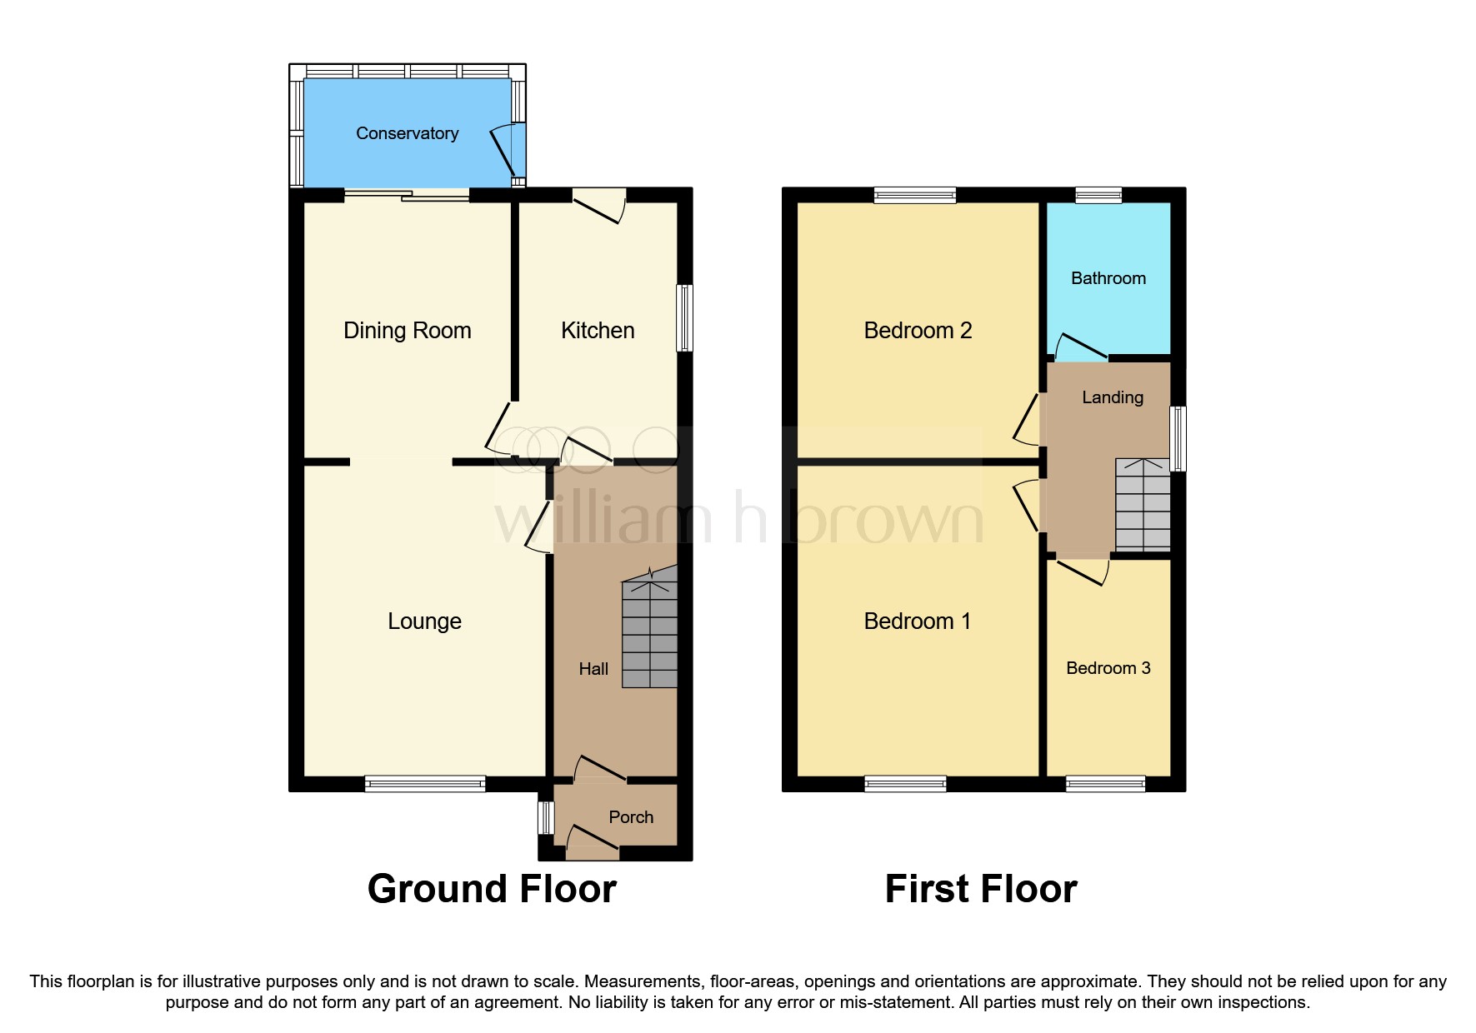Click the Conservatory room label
[x=407, y=133]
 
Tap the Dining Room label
[x=407, y=331]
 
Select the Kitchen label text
[x=598, y=331]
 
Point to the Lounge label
[x=424, y=621]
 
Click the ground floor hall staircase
[x=649, y=633]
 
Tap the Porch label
[x=631, y=817]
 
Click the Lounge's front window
[x=425, y=783]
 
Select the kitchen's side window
[x=684, y=317]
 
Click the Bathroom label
[x=1108, y=278]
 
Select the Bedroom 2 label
[x=918, y=331]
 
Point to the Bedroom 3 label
[x=1108, y=668]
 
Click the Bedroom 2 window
[x=914, y=195]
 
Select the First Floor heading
[x=980, y=889]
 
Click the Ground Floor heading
[x=492, y=889]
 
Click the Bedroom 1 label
[x=917, y=621]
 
